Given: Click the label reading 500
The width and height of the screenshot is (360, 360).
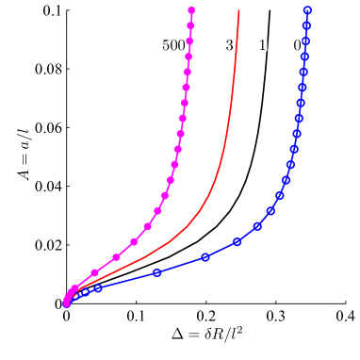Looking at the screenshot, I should pyautogui.click(x=173, y=45).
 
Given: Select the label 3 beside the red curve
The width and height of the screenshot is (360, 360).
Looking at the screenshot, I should pyautogui.click(x=229, y=45).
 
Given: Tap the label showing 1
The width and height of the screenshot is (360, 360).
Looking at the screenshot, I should pyautogui.click(x=262, y=45).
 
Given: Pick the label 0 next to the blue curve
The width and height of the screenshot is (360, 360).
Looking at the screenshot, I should pyautogui.click(x=297, y=45).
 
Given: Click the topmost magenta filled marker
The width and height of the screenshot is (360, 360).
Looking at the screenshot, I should pyautogui.click(x=191, y=10).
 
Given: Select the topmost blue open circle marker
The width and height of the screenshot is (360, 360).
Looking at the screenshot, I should pyautogui.click(x=308, y=10).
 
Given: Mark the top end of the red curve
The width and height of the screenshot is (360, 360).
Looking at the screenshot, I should pyautogui.click(x=239, y=10).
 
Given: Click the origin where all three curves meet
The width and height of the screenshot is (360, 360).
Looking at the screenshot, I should pyautogui.click(x=67, y=303).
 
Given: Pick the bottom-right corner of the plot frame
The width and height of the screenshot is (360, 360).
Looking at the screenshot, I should pyautogui.click(x=346, y=303).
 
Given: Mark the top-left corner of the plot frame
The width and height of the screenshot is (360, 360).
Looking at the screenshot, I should pyautogui.click(x=67, y=10).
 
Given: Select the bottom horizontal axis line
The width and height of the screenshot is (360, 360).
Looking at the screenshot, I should pyautogui.click(x=206, y=303).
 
